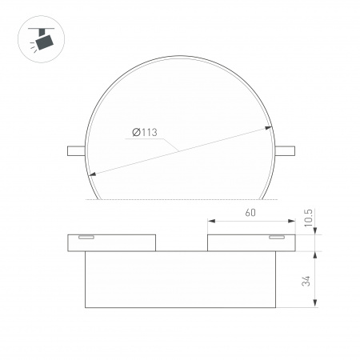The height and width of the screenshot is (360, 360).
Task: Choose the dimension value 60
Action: tap(251, 215)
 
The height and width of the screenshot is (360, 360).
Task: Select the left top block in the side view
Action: tap(111, 242)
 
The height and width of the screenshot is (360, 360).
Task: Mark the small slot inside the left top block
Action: tap(86, 238)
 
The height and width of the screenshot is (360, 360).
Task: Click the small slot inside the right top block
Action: tap(277, 238)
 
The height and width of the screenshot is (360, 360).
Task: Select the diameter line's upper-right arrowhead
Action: tap(270, 126)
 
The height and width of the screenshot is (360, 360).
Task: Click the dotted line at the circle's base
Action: tap(181, 200)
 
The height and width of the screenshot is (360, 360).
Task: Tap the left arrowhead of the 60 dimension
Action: tap(210, 222)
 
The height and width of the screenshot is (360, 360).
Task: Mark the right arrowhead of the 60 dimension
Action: tap(292, 222)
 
